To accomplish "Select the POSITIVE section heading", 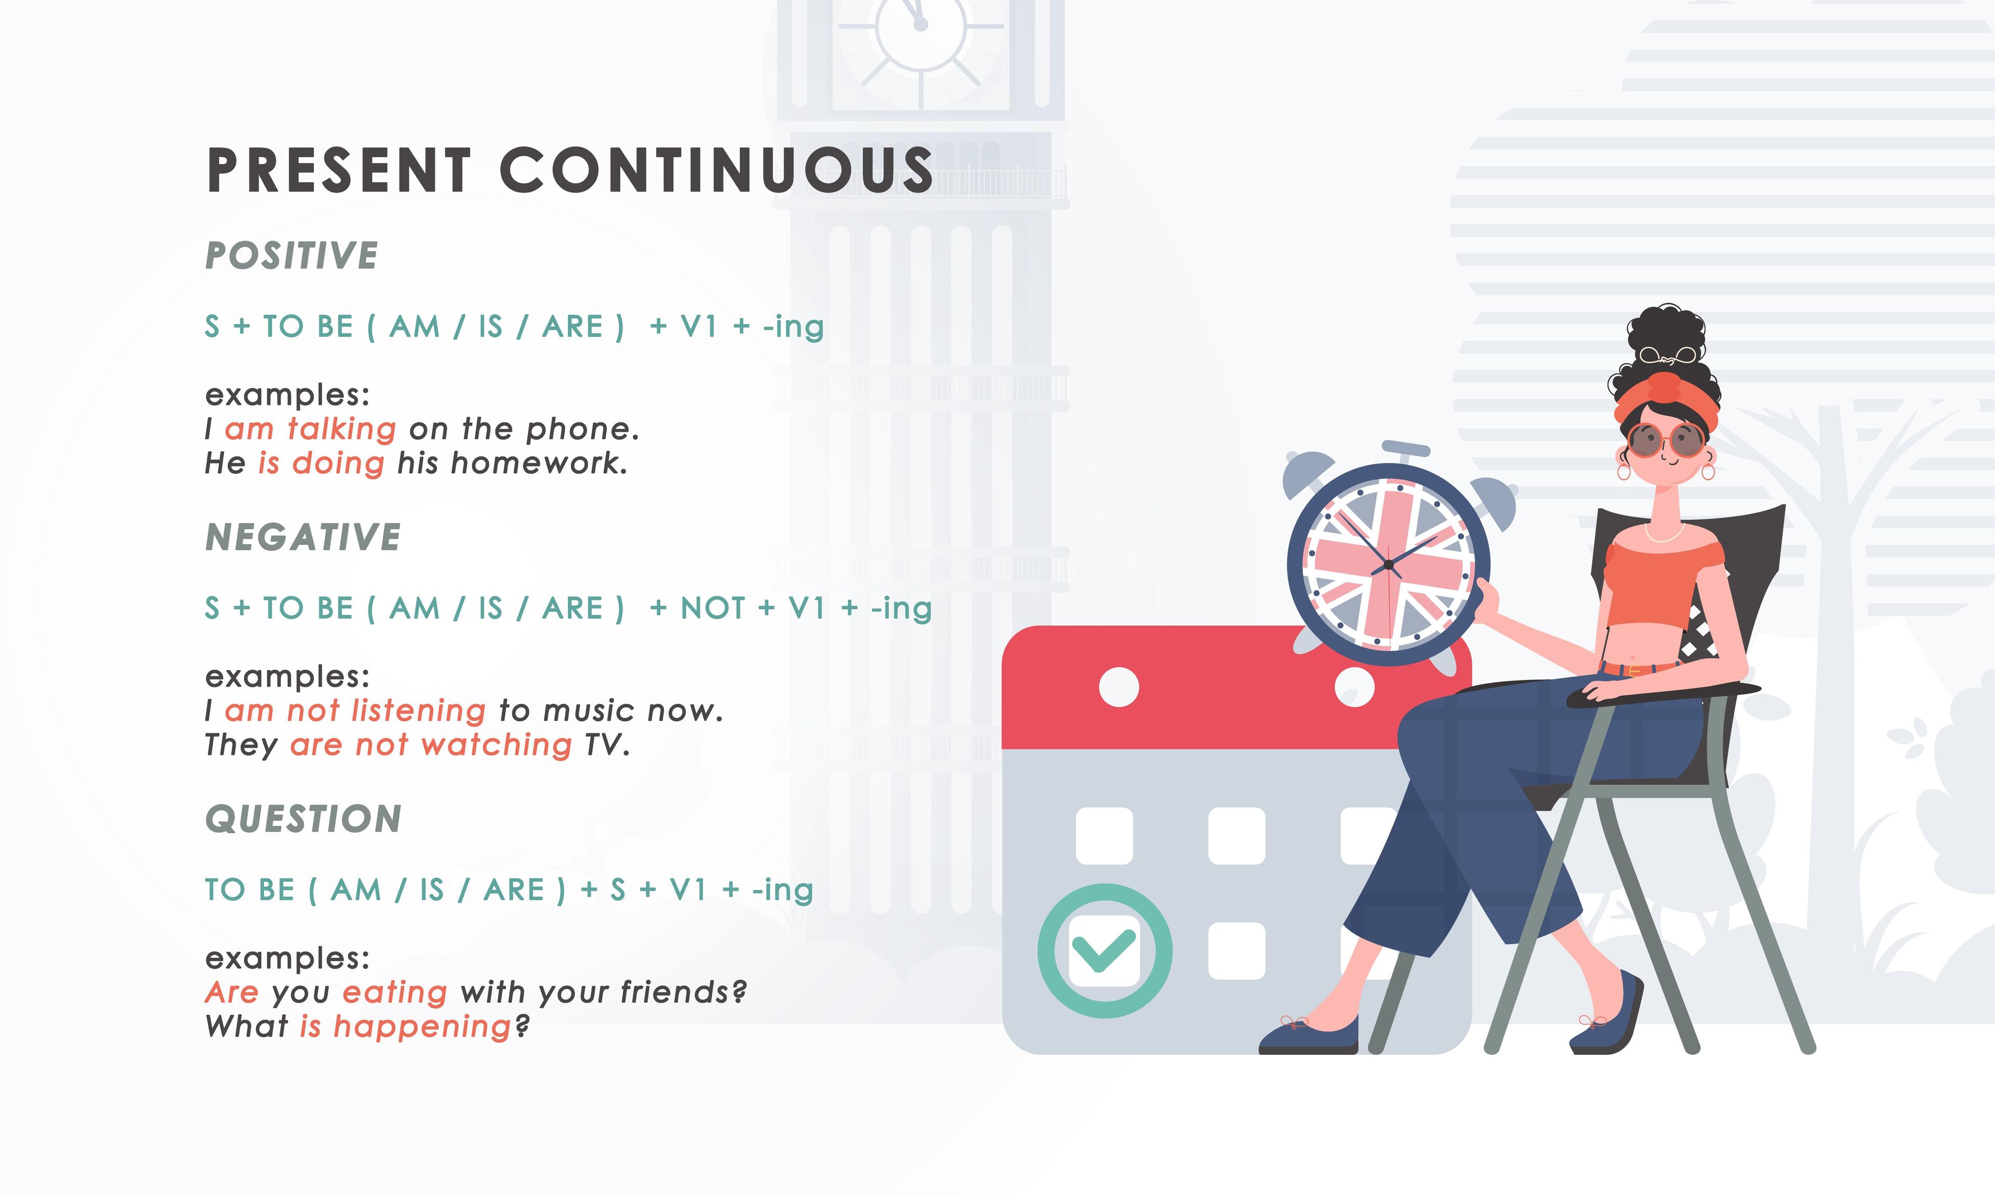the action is [292, 255].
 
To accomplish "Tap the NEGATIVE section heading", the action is [303, 537].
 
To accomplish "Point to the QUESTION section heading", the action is [303, 819].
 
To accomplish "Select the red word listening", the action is [419, 711].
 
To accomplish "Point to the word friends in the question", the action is [683, 992].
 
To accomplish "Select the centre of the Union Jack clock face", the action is [1388, 565].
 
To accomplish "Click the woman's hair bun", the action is [1668, 338].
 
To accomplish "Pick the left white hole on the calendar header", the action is [1119, 687].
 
